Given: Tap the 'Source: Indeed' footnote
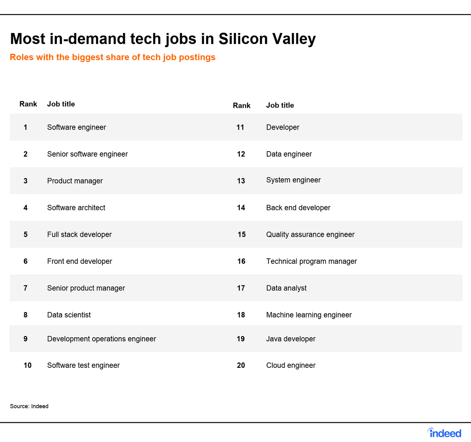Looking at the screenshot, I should click(x=29, y=406).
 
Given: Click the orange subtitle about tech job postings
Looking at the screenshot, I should click(x=113, y=57).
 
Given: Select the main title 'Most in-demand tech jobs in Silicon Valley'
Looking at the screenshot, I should click(x=163, y=39).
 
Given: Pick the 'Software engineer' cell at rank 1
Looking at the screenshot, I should click(x=77, y=127).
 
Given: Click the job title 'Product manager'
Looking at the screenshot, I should click(x=75, y=181).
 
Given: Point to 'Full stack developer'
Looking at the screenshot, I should click(x=79, y=234).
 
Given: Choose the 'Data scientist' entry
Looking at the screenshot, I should click(x=69, y=315).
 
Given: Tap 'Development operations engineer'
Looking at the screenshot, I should click(x=101, y=339).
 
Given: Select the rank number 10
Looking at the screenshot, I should click(x=27, y=365).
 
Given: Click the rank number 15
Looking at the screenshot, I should click(x=241, y=234).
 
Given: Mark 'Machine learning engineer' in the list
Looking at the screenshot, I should click(x=309, y=315).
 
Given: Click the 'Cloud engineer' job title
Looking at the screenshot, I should click(x=291, y=365).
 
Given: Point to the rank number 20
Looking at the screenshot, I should click(x=241, y=365).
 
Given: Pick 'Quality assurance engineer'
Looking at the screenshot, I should click(x=310, y=234).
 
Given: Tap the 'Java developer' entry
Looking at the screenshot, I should click(x=291, y=339).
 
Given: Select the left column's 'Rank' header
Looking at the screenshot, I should click(x=28, y=104).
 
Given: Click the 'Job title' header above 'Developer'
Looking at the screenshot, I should click(x=280, y=105).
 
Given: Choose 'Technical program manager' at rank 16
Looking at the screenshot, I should click(x=312, y=261).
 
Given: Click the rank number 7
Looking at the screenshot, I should click(x=26, y=288).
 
